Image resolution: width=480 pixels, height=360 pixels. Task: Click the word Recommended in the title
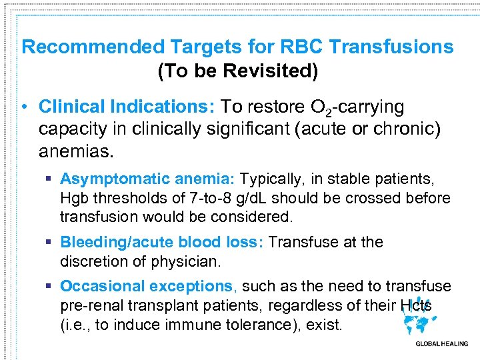(x=93, y=47)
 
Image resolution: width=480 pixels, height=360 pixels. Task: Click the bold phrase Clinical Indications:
(x=126, y=107)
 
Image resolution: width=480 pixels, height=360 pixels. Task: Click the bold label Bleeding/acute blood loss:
(x=162, y=242)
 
